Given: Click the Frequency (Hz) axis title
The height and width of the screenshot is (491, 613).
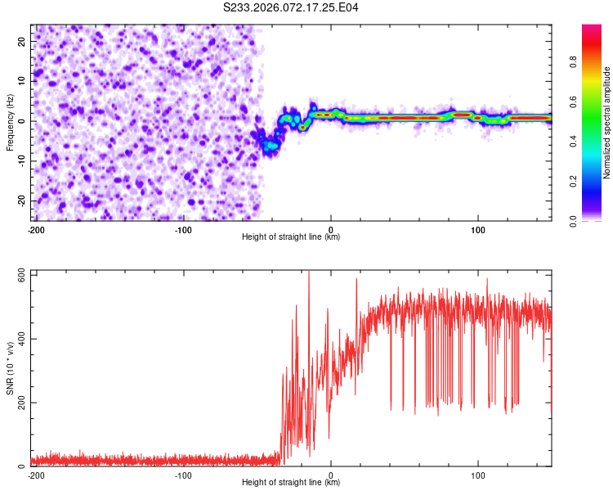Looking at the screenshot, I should (10, 122).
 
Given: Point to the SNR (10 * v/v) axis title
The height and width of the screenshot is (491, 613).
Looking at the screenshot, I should (10, 367).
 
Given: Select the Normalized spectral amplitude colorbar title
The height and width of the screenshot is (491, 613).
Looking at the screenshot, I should (607, 122).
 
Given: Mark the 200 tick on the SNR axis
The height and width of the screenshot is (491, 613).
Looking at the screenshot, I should (20, 403).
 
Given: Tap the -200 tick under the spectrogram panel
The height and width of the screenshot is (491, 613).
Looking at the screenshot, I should (35, 229).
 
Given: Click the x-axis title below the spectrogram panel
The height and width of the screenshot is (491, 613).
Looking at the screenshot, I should (291, 237).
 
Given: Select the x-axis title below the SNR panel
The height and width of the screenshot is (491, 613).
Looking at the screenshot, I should (291, 483).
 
